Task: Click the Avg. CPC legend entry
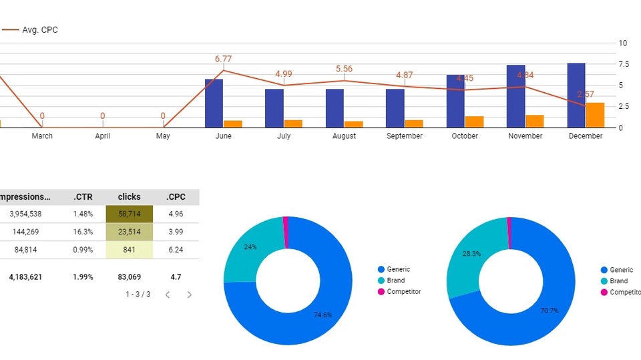[39, 30]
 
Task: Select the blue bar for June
[214, 103]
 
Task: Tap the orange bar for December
[595, 115]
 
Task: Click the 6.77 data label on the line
[223, 59]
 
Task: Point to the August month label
[344, 136]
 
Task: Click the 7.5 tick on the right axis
[623, 64]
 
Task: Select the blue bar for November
[515, 96]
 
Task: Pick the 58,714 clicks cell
[130, 214]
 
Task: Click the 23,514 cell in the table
[130, 232]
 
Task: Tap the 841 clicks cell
[130, 250]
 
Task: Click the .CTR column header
[82, 197]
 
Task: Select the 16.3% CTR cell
[83, 232]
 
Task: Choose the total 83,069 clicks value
[130, 277]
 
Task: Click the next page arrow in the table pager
[190, 295]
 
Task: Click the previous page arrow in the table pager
[168, 295]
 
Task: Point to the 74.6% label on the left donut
[323, 315]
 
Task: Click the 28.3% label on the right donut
[471, 254]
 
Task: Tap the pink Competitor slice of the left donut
[286, 225]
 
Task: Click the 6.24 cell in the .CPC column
[176, 250]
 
